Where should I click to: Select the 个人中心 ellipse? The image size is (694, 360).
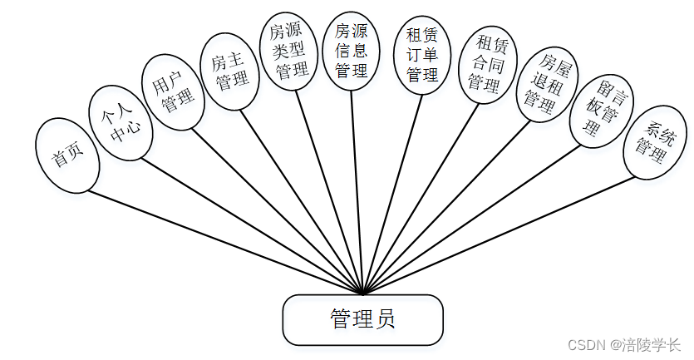121,122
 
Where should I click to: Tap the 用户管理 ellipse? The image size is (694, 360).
173,93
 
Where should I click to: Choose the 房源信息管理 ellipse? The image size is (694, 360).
352,51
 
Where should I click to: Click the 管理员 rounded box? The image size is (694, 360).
363,319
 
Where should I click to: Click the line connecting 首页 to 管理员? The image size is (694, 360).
224,242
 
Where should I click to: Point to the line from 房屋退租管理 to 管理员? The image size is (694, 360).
452,203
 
